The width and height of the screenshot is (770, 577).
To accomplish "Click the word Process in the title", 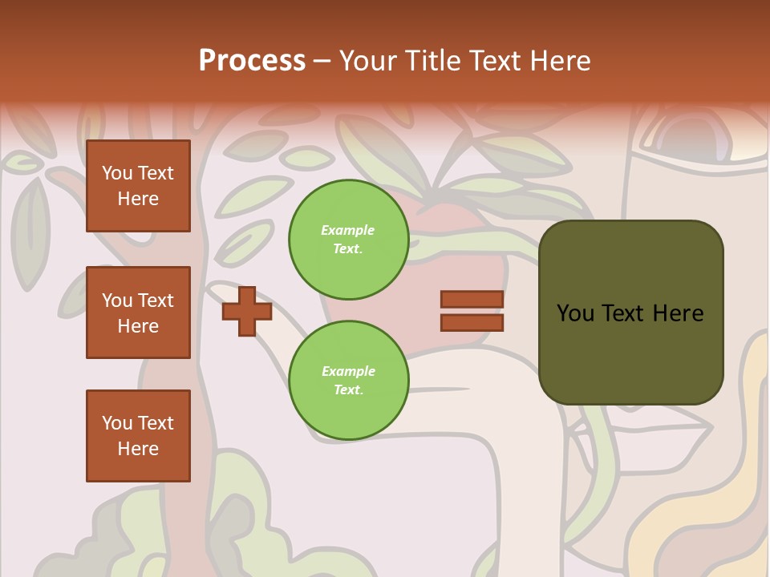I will pos(252,61).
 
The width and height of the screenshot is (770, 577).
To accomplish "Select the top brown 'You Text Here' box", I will pos(138,186).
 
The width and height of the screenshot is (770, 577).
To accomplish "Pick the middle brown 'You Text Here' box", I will pos(138,313).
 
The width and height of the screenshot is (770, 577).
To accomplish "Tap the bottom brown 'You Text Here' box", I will pos(138,435).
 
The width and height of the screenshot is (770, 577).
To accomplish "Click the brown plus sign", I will pos(247,311).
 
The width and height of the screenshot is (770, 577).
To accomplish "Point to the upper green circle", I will pos(348,240).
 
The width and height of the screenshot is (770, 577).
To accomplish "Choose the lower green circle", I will pos(348,381).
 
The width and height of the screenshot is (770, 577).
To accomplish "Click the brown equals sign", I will pos(472,311).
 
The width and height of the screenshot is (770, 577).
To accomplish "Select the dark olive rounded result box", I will pos(630,313).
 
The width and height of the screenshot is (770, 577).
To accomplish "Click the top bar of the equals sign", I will pos(472,299).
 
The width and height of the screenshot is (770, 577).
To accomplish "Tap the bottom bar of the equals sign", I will pos(472,322).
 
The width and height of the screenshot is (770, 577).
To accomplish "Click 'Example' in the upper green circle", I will pos(348,231).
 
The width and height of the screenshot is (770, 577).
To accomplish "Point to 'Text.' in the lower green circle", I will pos(348,390).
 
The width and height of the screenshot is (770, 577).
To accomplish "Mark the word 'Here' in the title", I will pos(560,61).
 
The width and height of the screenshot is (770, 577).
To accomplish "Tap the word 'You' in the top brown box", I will pos(117,173).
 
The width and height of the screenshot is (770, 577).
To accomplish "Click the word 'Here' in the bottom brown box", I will pos(138,449).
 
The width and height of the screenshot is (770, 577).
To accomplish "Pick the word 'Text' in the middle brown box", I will pos(156,301).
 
